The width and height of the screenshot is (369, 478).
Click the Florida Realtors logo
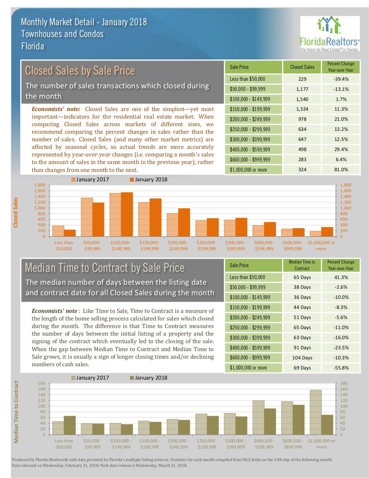(329, 34)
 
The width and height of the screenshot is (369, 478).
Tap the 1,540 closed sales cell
(302, 99)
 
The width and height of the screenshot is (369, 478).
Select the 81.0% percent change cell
(341, 169)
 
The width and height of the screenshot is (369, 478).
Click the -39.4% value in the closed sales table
(341, 79)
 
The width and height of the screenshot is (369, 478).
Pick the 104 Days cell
(302, 358)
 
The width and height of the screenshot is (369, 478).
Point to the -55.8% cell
(341, 368)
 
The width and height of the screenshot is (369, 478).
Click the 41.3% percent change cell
(341, 277)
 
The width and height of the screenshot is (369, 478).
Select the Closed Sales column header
(302, 67)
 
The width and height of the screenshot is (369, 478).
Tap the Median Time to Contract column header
(302, 265)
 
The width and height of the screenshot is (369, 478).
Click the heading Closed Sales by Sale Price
(80, 71)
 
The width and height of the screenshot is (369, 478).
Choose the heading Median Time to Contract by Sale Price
(105, 268)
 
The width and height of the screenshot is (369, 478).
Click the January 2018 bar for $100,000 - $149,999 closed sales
(127, 214)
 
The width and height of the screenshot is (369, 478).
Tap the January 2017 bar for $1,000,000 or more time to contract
(315, 412)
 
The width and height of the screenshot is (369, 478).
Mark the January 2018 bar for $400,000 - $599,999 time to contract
(270, 421)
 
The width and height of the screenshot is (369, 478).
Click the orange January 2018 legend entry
(148, 180)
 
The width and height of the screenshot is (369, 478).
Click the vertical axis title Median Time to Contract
(16, 412)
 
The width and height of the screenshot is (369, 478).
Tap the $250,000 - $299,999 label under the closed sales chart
(207, 245)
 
